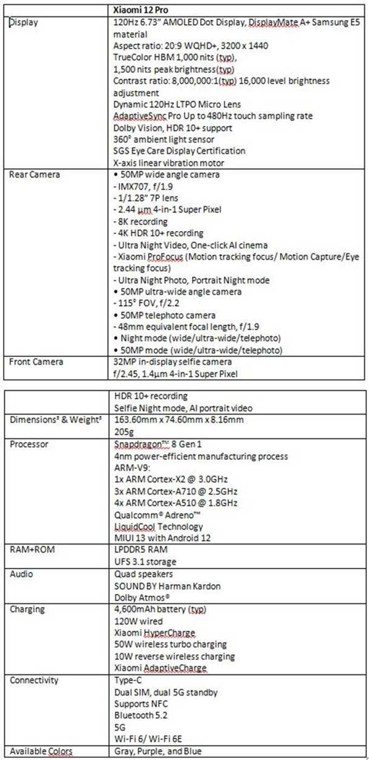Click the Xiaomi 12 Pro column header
pyautogui.click(x=140, y=10)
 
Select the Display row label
pyautogui.click(x=23, y=22)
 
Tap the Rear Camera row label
pyautogui.click(x=34, y=175)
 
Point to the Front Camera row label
pyautogui.click(x=36, y=362)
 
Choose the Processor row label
pyautogui.click(x=29, y=444)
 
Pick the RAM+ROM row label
pyautogui.click(x=32, y=550)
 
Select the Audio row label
pyautogui.click(x=21, y=574)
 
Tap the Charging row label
pyautogui.click(x=27, y=609)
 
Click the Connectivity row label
pyautogui.click(x=34, y=680)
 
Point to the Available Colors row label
pyautogui.click(x=41, y=751)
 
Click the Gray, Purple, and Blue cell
pyautogui.click(x=158, y=751)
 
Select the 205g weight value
pyautogui.click(x=124, y=432)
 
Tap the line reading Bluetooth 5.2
pyautogui.click(x=141, y=715)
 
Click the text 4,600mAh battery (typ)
pyautogui.click(x=160, y=609)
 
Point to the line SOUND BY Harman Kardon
pyautogui.click(x=167, y=586)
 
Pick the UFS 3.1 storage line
pyautogui.click(x=145, y=562)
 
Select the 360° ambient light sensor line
pyautogui.click(x=164, y=140)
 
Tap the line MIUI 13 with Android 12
pyautogui.click(x=162, y=538)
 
